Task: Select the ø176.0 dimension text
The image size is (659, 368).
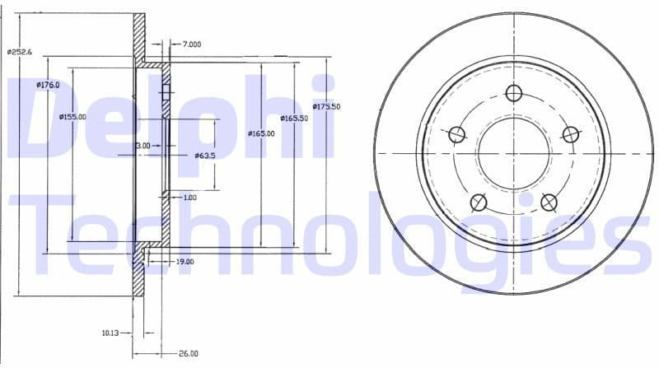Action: point(49,85)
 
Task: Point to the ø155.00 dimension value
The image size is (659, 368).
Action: point(72,117)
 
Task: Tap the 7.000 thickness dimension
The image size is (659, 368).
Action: point(192,44)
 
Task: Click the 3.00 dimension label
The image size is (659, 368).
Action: point(143,145)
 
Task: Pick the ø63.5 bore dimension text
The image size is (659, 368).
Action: point(204,155)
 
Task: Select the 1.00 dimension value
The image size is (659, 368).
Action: point(189,198)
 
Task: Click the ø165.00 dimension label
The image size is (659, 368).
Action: point(260,133)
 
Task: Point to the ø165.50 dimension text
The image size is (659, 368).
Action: point(294,119)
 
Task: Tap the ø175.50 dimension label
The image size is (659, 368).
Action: point(327,107)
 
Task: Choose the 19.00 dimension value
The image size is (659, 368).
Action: point(185,261)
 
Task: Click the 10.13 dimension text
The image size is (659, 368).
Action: point(111,333)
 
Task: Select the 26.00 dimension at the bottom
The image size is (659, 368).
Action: point(188,354)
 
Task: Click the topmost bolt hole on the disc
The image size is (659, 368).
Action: point(515,93)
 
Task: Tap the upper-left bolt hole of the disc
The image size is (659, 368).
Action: point(456,135)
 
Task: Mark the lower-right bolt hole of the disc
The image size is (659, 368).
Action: point(549,203)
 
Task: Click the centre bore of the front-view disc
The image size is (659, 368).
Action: point(513,153)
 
